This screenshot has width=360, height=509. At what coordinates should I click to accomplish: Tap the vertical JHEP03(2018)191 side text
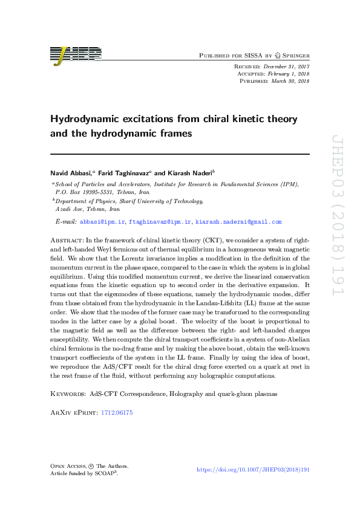pyautogui.click(x=336, y=223)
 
